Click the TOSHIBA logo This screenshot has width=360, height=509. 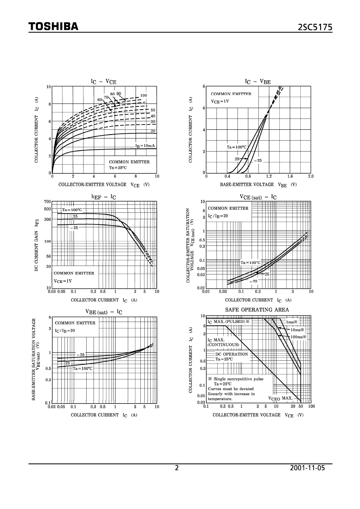pyautogui.click(x=53, y=27)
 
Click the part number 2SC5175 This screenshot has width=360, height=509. pyautogui.click(x=315, y=27)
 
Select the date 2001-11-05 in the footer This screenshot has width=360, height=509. pyautogui.click(x=307, y=468)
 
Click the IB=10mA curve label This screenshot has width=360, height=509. pyautogui.click(x=145, y=146)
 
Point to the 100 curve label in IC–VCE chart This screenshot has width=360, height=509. pyautogui.click(x=144, y=95)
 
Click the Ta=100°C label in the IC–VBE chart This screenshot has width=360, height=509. pyautogui.click(x=236, y=148)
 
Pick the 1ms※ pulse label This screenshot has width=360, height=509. pyautogui.click(x=292, y=322)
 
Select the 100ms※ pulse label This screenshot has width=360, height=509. pyautogui.click(x=298, y=337)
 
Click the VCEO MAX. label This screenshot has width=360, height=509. pyautogui.click(x=281, y=398)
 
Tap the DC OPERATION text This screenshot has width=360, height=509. pyautogui.click(x=231, y=354)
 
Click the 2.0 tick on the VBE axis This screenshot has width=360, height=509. pyautogui.click(x=310, y=176)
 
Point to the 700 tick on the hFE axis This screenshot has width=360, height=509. pyautogui.click(x=48, y=202)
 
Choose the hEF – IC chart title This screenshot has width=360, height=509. pyautogui.click(x=104, y=197)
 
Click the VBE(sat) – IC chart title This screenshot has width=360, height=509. pyautogui.click(x=104, y=312)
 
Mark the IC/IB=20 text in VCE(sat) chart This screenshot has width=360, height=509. pyautogui.click(x=218, y=216)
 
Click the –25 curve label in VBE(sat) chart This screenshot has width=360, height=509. pyautogui.click(x=81, y=355)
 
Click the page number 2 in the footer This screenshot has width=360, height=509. pyautogui.click(x=176, y=468)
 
